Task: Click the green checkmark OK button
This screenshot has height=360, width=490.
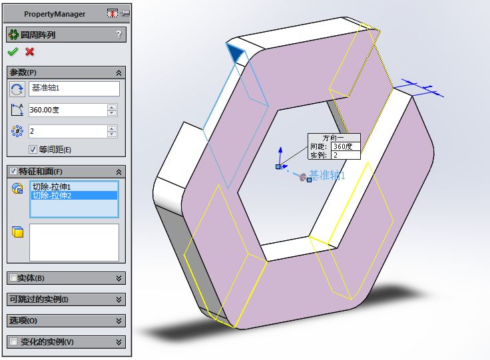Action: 13,52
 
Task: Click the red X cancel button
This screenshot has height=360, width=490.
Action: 29,52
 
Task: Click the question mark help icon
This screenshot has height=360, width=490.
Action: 119,35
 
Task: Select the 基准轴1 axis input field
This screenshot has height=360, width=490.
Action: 74,89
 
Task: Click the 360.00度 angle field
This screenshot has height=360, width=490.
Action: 67,110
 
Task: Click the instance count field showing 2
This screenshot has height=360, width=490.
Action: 67,131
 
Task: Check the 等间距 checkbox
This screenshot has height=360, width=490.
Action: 33,150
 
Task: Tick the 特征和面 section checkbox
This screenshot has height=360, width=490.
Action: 13,171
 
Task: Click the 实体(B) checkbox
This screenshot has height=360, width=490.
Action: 13,278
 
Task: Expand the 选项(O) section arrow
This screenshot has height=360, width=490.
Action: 119,321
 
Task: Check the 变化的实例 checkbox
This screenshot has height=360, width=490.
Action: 13,342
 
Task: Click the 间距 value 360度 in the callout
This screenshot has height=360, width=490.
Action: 346,146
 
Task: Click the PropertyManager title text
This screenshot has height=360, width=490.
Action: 55,14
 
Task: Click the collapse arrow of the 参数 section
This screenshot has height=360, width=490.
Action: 119,73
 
